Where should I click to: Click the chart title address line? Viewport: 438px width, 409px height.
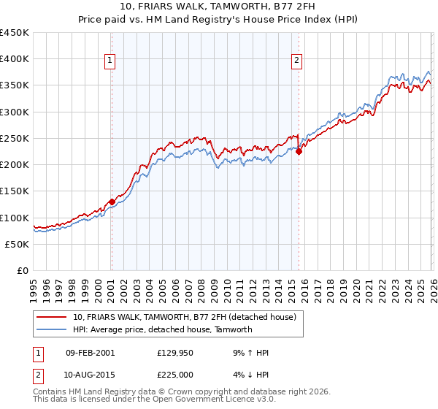pos(218,8)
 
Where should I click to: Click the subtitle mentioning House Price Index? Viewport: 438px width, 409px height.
pos(218,20)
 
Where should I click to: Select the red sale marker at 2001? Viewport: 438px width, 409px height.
pos(111,202)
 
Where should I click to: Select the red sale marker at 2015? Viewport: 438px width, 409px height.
pos(299,152)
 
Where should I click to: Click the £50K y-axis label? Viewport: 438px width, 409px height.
pos(18,244)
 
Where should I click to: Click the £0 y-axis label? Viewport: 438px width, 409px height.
pos(22,270)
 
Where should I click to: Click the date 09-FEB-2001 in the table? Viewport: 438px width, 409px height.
pos(90,353)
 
